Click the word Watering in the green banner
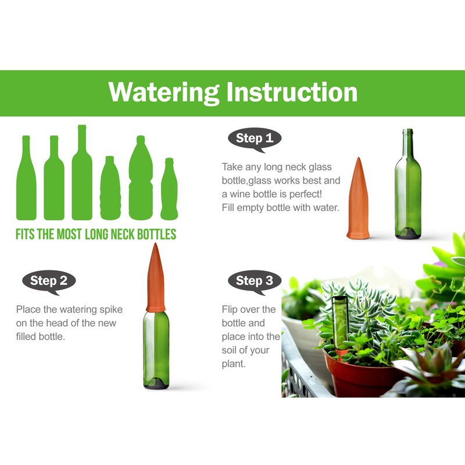164,93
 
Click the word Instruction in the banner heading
292,92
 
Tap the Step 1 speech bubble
255,139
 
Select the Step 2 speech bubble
49,282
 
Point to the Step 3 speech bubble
255,282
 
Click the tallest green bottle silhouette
82,172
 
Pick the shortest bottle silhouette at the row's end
169,189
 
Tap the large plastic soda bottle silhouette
141,178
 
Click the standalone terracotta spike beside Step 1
358,198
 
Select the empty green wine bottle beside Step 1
408,184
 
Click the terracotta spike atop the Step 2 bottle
156,278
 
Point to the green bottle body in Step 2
156,350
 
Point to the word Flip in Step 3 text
230,309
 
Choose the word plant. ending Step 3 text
234,364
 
